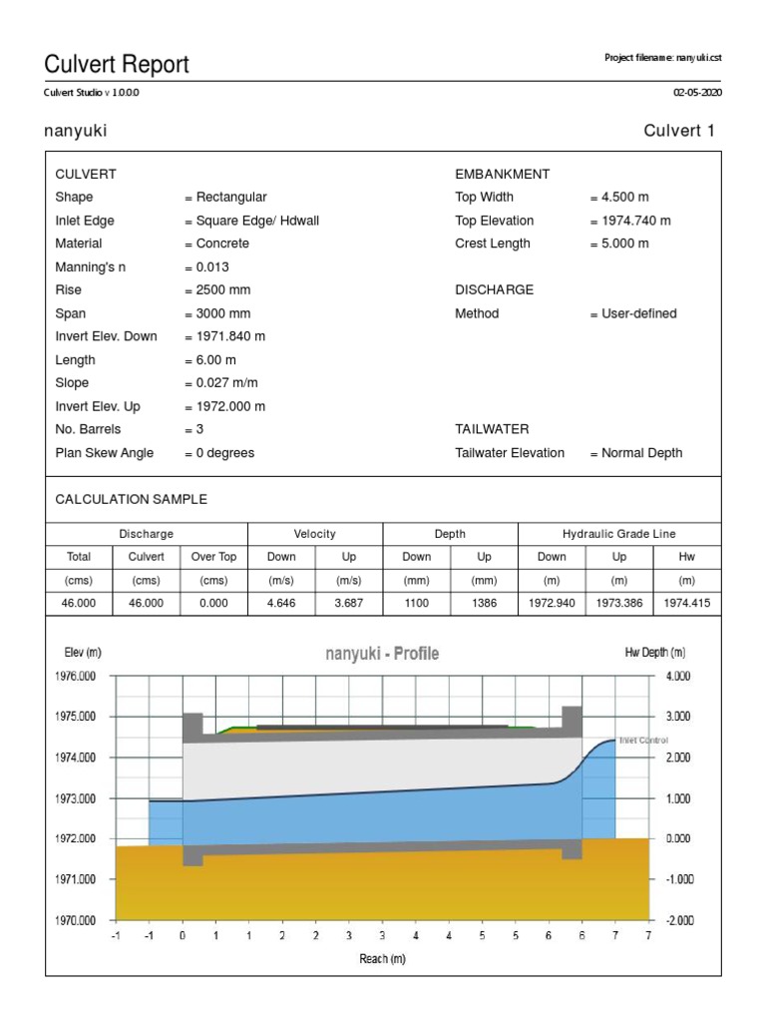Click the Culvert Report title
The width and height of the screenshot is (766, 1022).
click(117, 66)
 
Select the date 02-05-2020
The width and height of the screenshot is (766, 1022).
click(697, 93)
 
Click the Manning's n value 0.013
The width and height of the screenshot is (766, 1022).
click(212, 267)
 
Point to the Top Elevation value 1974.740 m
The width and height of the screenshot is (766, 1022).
click(630, 221)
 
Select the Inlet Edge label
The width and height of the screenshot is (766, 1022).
click(85, 221)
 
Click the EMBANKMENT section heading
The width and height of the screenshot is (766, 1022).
click(502, 175)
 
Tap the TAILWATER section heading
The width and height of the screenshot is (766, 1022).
click(492, 429)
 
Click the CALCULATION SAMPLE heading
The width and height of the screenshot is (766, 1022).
click(132, 499)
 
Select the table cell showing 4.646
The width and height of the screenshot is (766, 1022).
click(281, 603)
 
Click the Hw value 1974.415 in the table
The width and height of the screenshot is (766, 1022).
click(686, 603)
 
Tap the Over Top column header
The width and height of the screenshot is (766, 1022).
click(213, 557)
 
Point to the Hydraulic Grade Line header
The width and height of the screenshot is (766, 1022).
click(618, 534)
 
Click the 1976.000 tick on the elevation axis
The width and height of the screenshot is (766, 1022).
click(76, 677)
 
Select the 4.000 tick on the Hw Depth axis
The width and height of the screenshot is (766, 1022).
click(678, 677)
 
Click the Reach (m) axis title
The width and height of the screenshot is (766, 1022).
click(383, 959)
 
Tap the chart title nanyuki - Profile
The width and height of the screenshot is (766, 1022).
click(382, 654)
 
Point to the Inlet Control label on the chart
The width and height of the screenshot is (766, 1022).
click(643, 741)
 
